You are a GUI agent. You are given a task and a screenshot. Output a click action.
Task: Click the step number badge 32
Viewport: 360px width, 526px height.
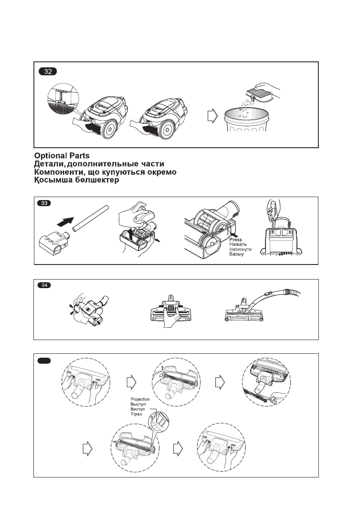[x=48, y=72]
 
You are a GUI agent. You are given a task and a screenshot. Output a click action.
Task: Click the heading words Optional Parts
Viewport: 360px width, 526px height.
[x=62, y=156]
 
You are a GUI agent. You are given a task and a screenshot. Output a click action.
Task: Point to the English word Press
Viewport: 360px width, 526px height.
[x=236, y=240]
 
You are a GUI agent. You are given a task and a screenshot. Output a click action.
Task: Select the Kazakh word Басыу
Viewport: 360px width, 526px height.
[x=236, y=254]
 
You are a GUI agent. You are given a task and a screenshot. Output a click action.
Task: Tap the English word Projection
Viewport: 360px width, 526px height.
[x=140, y=399]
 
